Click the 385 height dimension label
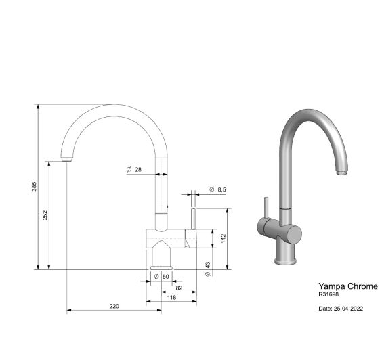click(x=34, y=187)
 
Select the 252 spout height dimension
click(x=45, y=215)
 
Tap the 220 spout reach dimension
click(x=114, y=306)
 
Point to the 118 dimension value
click(x=171, y=297)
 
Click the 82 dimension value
click(x=179, y=288)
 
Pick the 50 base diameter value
click(x=166, y=277)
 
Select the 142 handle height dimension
click(x=224, y=239)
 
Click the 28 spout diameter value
click(x=138, y=170)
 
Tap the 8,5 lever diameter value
click(x=221, y=189)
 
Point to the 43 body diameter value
click(x=207, y=265)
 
